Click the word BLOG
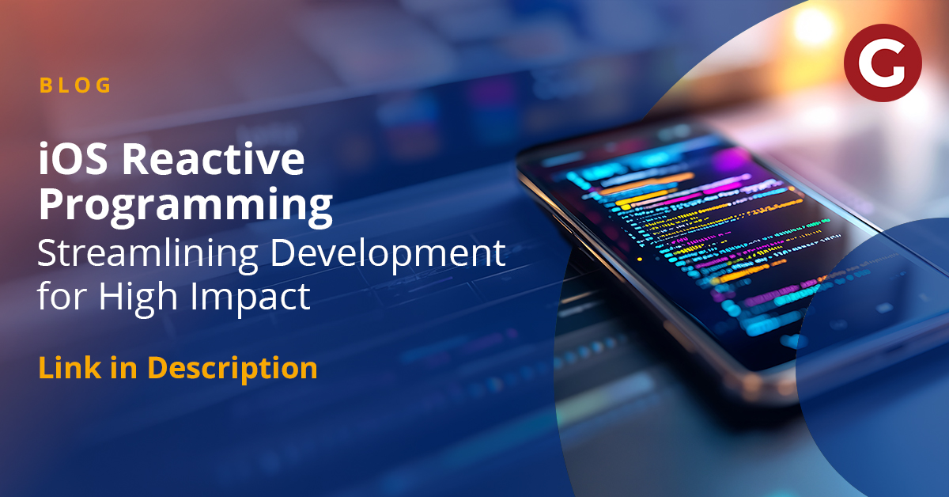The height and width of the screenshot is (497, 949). (x=76, y=85)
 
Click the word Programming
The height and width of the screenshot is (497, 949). (x=186, y=206)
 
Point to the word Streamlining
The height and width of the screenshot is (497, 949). (x=146, y=253)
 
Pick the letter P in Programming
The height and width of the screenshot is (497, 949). (x=52, y=206)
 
